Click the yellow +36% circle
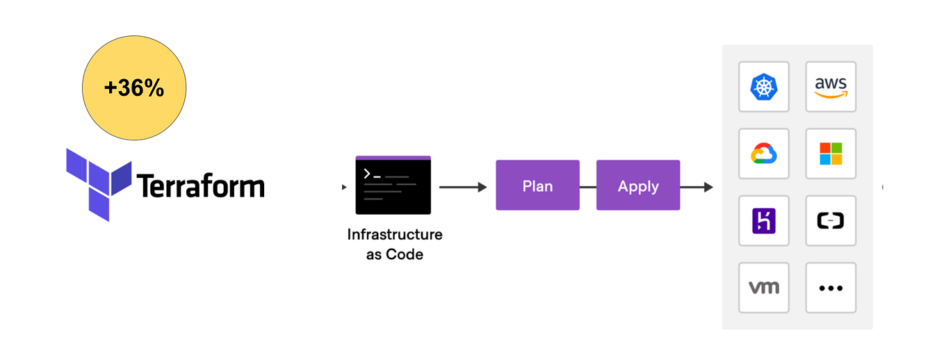pyautogui.click(x=134, y=88)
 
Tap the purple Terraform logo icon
pyautogui.click(x=98, y=183)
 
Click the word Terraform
pyautogui.click(x=200, y=186)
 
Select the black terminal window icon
pyautogui.click(x=393, y=185)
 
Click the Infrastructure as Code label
pyautogui.click(x=394, y=244)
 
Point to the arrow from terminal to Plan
pyautogui.click(x=462, y=186)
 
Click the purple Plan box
pyautogui.click(x=537, y=186)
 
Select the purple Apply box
pyautogui.click(x=637, y=186)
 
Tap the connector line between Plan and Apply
pyautogui.click(x=587, y=186)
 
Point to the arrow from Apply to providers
pyautogui.click(x=697, y=186)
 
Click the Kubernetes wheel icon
pyautogui.click(x=763, y=87)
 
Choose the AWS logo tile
pyautogui.click(x=830, y=87)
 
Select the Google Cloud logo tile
pyautogui.click(x=763, y=154)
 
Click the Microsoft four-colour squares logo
pyautogui.click(x=830, y=154)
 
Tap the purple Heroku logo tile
pyautogui.click(x=763, y=220)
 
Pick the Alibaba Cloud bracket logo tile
pyautogui.click(x=830, y=220)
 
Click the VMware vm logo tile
pyautogui.click(x=763, y=287)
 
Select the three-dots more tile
pyautogui.click(x=830, y=287)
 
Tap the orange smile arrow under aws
pyautogui.click(x=831, y=95)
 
